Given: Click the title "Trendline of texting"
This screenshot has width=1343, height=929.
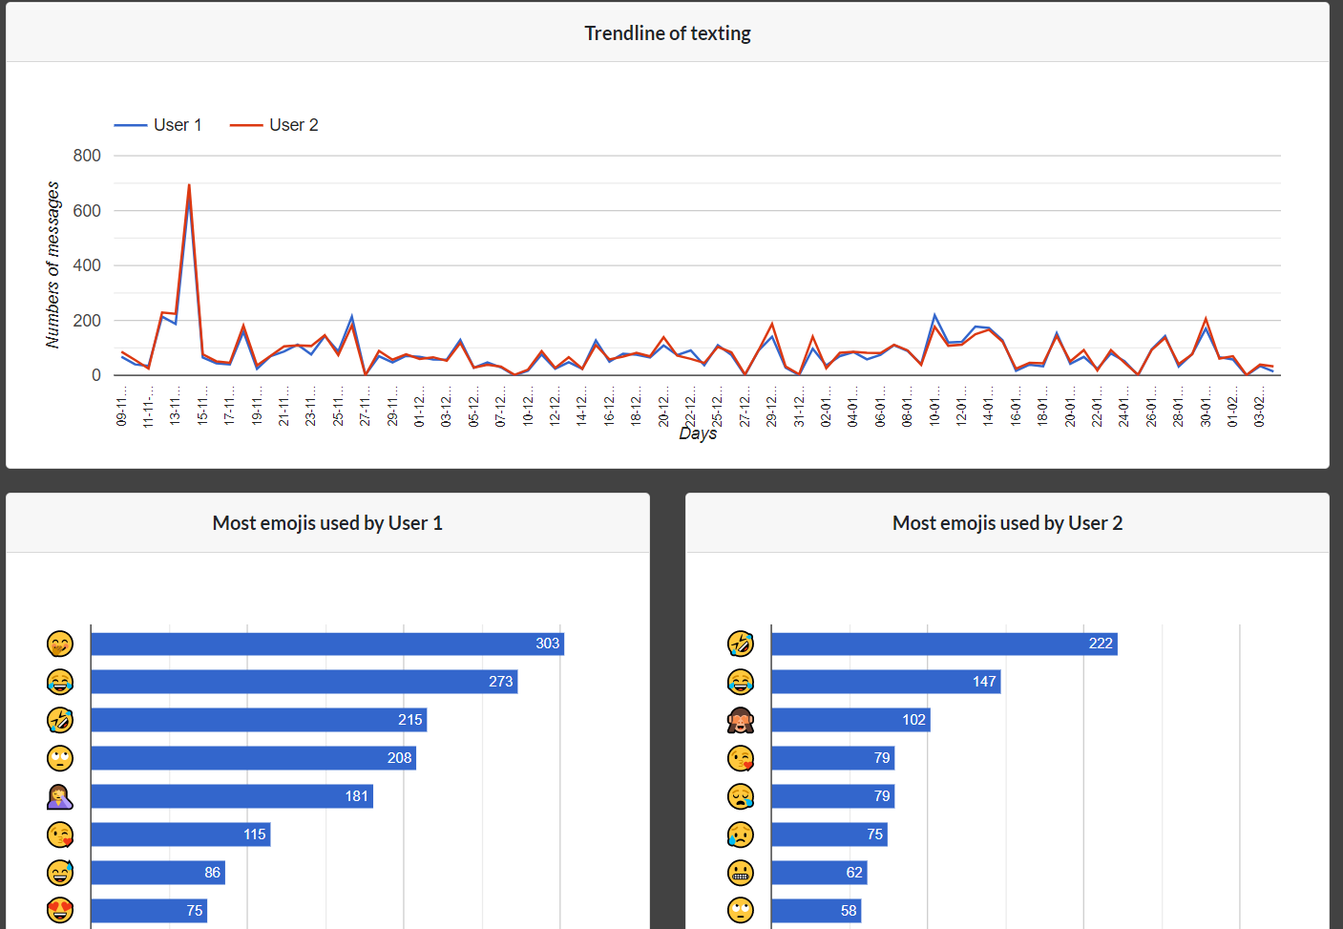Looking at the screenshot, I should (667, 33).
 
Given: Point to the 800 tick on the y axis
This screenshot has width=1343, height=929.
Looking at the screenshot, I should (87, 156).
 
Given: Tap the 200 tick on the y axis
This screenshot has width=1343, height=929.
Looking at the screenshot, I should (87, 321).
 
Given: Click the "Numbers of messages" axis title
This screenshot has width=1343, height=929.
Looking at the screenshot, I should (52, 264).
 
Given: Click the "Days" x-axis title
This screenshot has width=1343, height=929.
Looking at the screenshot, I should (698, 433).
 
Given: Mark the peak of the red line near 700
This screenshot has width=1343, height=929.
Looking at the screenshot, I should (189, 185).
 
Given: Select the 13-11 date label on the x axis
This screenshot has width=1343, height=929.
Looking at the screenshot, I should (175, 405).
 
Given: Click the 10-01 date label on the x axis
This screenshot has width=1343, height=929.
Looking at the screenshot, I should (934, 405).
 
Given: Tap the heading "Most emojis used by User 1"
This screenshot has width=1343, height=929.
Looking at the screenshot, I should (327, 523).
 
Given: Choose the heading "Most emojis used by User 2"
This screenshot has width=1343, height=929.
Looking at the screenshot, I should (1007, 523).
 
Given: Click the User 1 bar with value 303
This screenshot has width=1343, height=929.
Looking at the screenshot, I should (326, 644).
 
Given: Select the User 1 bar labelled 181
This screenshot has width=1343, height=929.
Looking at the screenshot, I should (231, 796).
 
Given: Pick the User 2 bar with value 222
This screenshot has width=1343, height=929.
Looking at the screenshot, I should (943, 644).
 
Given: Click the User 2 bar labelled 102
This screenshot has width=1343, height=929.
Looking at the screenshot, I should (850, 720).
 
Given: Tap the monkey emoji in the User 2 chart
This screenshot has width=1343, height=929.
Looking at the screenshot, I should (740, 720).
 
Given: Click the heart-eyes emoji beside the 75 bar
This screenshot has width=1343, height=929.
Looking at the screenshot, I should (60, 911).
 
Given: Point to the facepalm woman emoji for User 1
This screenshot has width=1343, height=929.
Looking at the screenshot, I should (60, 796).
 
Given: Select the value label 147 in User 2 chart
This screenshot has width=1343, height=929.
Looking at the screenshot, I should (984, 682).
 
